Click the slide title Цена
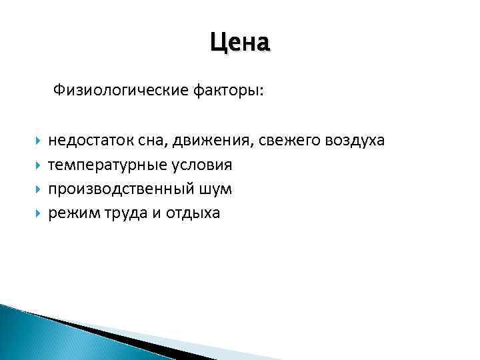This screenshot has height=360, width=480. coord(240,43)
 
